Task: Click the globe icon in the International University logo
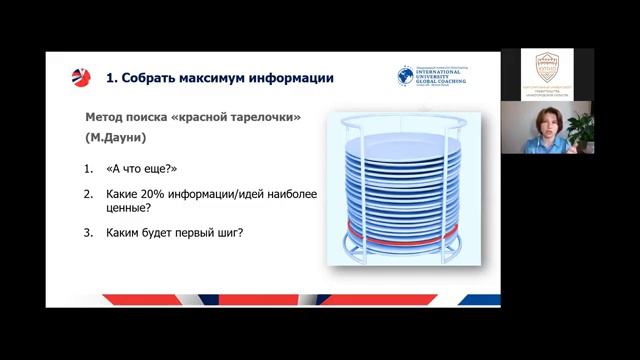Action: [x=406, y=75]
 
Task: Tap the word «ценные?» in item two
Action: [x=128, y=208]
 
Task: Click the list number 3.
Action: [x=88, y=234]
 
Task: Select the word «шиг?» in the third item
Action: [x=232, y=234]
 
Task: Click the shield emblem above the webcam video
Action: [x=547, y=66]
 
